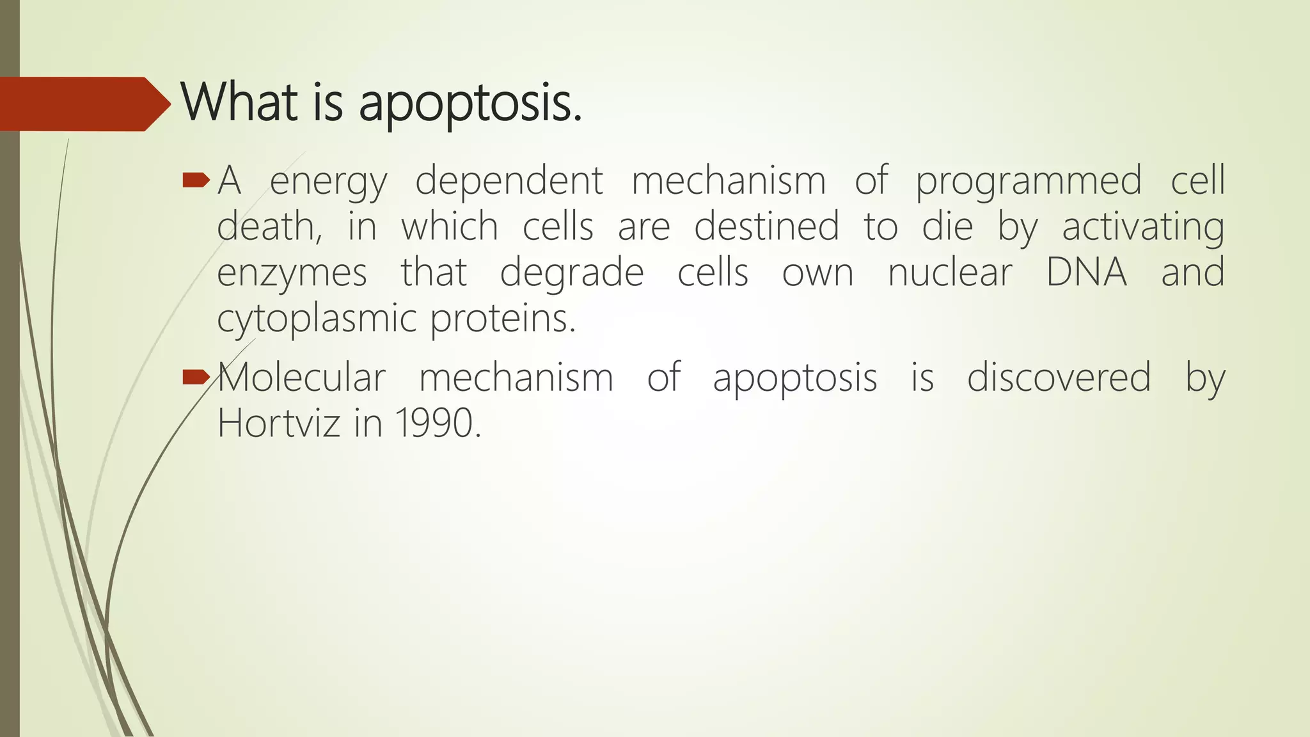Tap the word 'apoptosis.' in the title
[470, 104]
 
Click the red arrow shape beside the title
[83, 104]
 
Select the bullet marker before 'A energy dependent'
[196, 182]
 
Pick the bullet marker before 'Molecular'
[196, 378]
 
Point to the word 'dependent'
[509, 180]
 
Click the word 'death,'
[269, 227]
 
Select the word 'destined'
[766, 227]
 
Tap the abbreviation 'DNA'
[1086, 273]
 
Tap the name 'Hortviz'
[278, 424]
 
